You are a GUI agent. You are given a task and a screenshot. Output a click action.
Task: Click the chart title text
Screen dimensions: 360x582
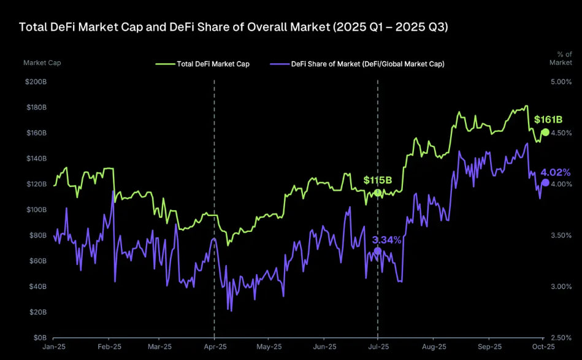click(234, 28)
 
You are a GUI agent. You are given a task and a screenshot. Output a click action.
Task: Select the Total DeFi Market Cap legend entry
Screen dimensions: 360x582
click(209, 64)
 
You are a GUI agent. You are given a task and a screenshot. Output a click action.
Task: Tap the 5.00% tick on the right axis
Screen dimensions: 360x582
click(561, 82)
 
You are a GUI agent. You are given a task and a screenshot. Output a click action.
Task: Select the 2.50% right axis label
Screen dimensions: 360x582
click(561, 338)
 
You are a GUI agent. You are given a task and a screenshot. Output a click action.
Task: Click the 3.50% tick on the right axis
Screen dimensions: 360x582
click(561, 236)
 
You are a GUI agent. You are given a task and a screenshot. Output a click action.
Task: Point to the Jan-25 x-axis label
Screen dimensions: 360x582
click(53, 348)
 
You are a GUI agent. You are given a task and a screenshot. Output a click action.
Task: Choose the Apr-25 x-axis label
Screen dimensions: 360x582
click(214, 348)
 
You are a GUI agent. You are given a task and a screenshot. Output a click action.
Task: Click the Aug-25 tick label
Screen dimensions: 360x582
click(433, 348)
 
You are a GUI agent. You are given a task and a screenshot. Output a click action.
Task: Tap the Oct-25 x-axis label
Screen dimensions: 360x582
click(543, 348)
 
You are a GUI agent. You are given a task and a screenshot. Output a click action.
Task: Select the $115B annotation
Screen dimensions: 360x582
click(377, 180)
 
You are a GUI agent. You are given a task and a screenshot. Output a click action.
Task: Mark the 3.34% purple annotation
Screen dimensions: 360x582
click(387, 240)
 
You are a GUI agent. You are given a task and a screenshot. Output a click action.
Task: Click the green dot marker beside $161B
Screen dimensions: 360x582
click(545, 132)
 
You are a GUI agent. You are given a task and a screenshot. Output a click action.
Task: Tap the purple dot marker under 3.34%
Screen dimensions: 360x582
click(377, 251)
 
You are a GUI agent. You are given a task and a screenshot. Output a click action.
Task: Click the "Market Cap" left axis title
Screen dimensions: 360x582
click(42, 63)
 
